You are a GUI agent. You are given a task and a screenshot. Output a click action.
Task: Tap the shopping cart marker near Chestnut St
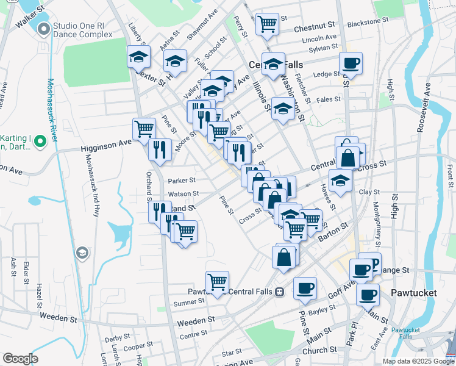click(x=267, y=24)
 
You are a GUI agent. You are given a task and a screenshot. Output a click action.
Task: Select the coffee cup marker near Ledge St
click(x=351, y=62)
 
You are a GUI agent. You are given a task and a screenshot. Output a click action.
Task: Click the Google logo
click(x=20, y=359)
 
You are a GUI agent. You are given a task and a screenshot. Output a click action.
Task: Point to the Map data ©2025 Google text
click(x=418, y=361)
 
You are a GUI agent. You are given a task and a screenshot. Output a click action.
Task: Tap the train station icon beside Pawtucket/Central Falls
click(x=279, y=292)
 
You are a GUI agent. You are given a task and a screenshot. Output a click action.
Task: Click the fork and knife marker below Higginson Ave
click(x=159, y=149)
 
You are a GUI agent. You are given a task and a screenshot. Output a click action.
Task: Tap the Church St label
click(x=315, y=351)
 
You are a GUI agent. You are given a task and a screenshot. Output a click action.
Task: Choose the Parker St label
click(x=182, y=181)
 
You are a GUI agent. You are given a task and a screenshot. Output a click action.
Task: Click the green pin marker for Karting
click(x=40, y=142)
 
